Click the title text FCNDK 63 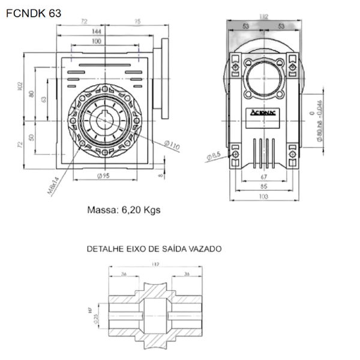click(x=34, y=11)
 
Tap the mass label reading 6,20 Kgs click(x=124, y=211)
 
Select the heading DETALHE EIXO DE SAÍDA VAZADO click(x=154, y=248)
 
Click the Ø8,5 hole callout click(x=214, y=157)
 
